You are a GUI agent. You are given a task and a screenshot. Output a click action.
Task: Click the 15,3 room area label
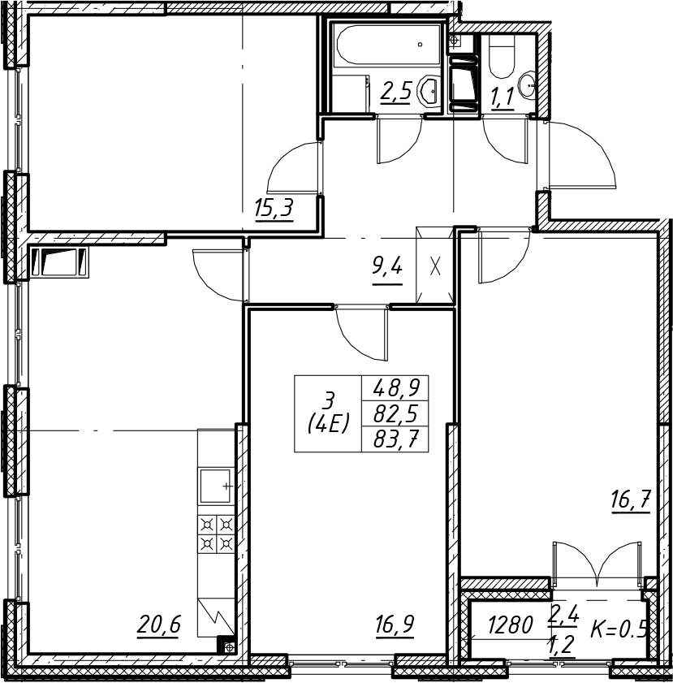click(x=274, y=208)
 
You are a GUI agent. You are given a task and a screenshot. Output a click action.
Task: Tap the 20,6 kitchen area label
click(x=158, y=625)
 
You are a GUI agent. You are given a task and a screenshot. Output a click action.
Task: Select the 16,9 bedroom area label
click(x=395, y=625)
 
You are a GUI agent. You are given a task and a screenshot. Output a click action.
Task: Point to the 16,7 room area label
click(x=631, y=500)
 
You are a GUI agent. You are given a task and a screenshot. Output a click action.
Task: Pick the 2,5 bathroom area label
click(x=395, y=92)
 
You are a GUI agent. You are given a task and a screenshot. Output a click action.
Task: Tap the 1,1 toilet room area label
click(x=503, y=97)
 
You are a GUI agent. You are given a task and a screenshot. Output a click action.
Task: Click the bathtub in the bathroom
click(x=387, y=45)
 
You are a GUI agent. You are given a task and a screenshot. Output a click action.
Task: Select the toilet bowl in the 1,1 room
click(x=502, y=57)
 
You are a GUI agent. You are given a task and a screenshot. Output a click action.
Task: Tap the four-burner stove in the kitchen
click(x=217, y=534)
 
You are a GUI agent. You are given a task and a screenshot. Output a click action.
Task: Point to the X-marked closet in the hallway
click(x=435, y=266)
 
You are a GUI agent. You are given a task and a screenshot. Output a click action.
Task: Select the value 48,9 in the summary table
click(x=395, y=387)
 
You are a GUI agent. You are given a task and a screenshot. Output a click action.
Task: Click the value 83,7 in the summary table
click(x=395, y=440)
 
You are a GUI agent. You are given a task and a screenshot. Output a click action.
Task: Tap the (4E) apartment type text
click(x=329, y=422)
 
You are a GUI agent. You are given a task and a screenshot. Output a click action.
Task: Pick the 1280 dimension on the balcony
click(x=510, y=625)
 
